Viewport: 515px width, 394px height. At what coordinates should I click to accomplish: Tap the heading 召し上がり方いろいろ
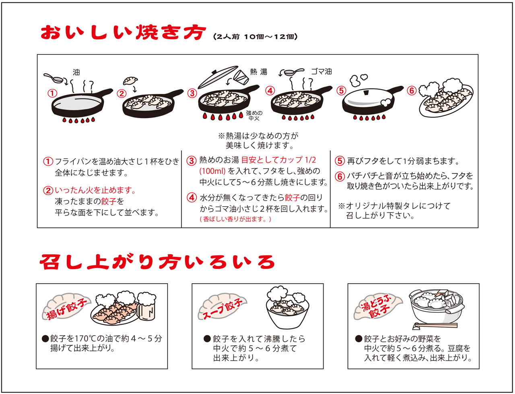click(x=157, y=262)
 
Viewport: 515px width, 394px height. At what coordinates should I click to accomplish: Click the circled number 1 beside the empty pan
click(x=51, y=93)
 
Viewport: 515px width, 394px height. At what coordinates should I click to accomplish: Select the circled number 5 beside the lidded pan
click(x=342, y=90)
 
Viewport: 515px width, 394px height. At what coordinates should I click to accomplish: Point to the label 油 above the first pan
click(x=76, y=73)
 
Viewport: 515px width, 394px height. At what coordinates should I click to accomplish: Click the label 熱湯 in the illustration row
click(x=259, y=72)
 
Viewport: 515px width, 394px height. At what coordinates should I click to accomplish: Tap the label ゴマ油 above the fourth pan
click(x=321, y=72)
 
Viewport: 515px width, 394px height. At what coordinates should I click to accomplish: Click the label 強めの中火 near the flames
click(x=254, y=116)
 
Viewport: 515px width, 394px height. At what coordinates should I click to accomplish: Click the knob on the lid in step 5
click(x=367, y=93)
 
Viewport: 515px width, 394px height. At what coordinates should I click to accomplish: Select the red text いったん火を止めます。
click(x=95, y=190)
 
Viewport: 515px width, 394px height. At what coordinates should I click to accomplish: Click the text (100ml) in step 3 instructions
click(x=213, y=171)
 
